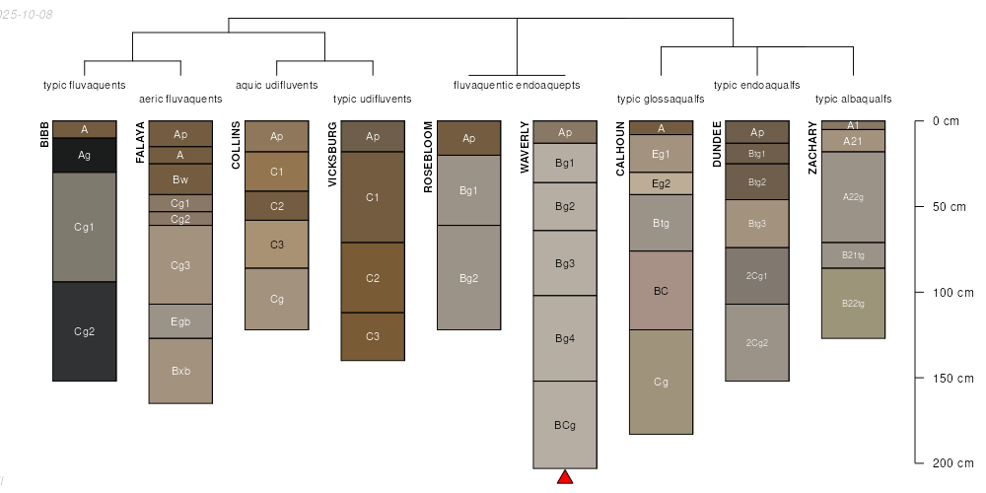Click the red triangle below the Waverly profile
565,478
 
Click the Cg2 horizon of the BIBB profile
85,331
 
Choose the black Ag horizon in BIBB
85,155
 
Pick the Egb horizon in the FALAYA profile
180,320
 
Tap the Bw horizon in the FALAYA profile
180,179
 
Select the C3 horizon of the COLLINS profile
277,245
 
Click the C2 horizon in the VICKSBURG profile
373,278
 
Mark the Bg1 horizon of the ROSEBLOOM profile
469,190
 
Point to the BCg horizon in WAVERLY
565,425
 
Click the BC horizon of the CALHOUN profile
661,291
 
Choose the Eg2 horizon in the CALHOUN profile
661,183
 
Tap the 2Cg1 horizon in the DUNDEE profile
757,276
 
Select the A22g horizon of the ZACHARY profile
853,196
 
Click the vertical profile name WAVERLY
526,147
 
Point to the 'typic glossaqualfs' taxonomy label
661,99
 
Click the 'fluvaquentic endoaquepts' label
517,85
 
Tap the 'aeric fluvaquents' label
180,99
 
